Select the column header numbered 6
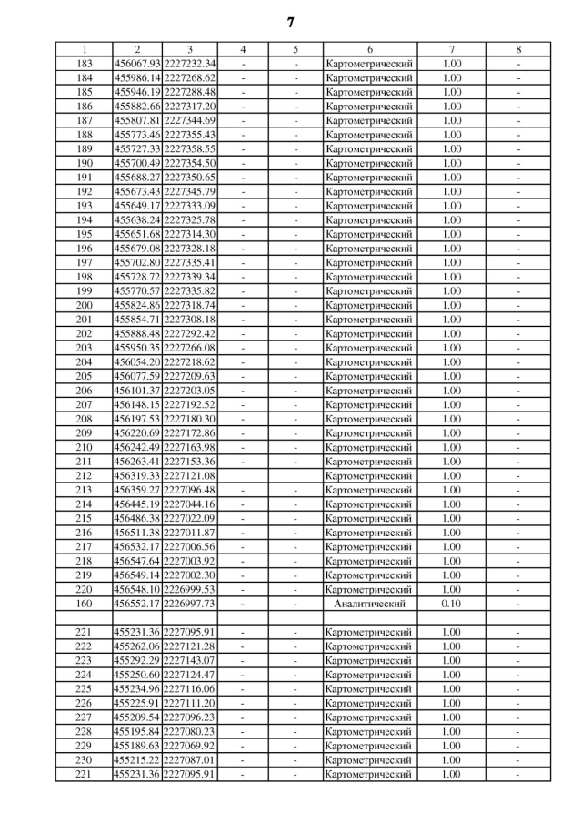coord(370,49)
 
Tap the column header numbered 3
coord(189,49)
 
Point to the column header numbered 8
coord(517,49)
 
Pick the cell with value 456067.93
coord(136,64)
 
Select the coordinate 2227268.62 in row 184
coord(189,78)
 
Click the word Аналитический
coord(370,604)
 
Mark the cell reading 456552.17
coord(136,604)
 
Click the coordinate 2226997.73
coord(189,604)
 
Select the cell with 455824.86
coord(136,305)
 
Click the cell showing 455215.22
coord(136,760)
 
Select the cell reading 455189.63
coord(136,746)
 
